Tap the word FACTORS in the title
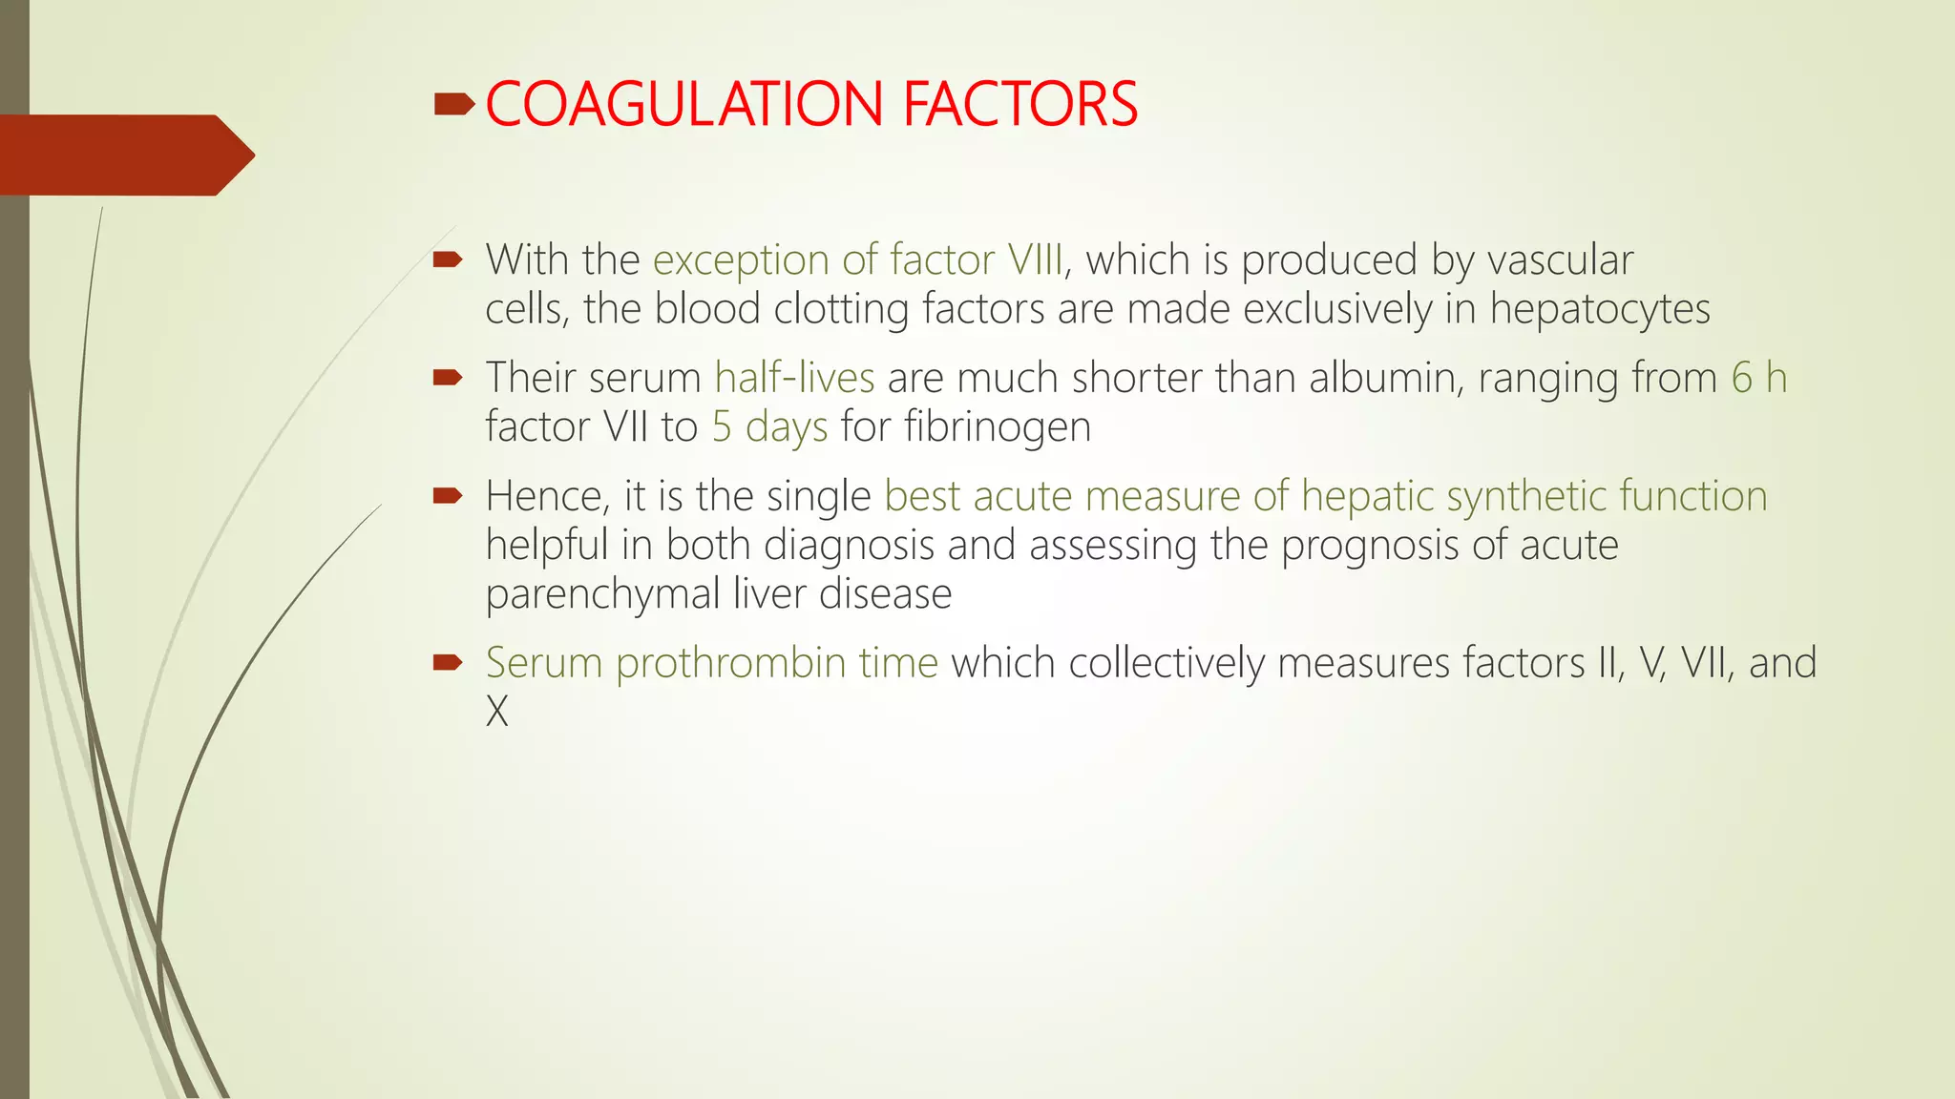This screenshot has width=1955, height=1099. point(1020,104)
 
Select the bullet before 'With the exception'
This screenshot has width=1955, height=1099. point(447,259)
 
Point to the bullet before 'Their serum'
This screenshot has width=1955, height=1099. point(447,378)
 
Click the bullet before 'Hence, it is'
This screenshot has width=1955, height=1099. point(447,495)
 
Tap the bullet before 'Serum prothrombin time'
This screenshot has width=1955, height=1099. point(447,662)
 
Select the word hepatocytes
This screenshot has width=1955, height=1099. point(1600,309)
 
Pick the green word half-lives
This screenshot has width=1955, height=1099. point(794,378)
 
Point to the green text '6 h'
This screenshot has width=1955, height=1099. point(1758,378)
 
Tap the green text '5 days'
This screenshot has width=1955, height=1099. point(769,426)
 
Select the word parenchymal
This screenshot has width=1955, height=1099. point(602,593)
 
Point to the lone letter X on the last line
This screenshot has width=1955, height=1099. point(497,712)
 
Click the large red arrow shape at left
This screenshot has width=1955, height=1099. point(124,155)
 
